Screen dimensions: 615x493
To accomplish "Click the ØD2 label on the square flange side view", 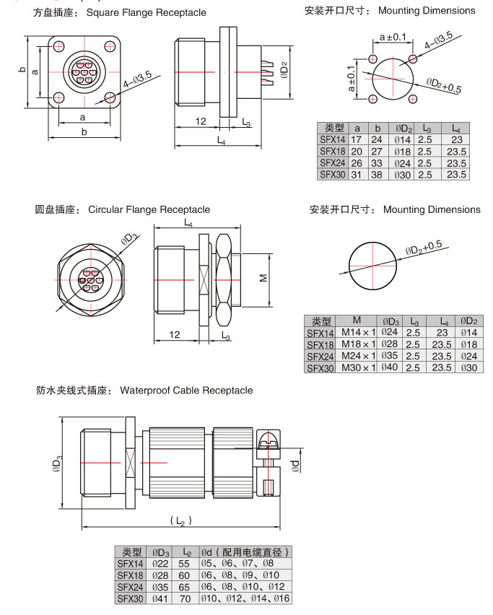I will click(286, 70).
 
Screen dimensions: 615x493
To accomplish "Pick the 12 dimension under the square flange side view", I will click(201, 122).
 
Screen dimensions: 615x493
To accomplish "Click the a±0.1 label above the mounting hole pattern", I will click(393, 36).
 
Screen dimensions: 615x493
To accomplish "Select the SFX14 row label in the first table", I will click(332, 139).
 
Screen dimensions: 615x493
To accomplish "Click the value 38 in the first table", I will click(376, 174).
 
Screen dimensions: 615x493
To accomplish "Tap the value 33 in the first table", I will click(376, 162).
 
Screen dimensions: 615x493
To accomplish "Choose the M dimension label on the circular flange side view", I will click(263, 276).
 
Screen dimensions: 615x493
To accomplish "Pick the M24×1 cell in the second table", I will click(359, 357).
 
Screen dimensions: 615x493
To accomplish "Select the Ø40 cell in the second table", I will click(391, 368).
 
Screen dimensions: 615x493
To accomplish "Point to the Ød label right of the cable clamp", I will click(295, 466).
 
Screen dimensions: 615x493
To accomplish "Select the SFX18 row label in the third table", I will click(130, 575).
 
